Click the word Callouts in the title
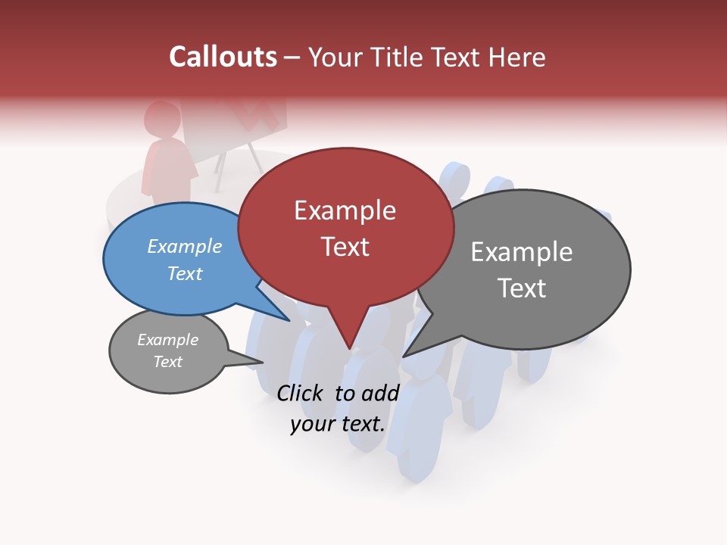coord(223,57)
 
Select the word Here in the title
coord(516,57)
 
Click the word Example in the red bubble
coord(345,210)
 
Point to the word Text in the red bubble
coord(345,247)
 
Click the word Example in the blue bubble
coord(185,246)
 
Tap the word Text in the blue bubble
coord(185,273)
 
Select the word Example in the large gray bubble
coord(522,252)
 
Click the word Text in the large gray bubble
coord(522,288)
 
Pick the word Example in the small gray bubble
coord(168,340)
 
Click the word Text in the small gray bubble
coord(168,362)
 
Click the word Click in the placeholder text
coord(301,393)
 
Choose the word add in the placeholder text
coord(381,393)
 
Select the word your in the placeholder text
coord(312,424)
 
